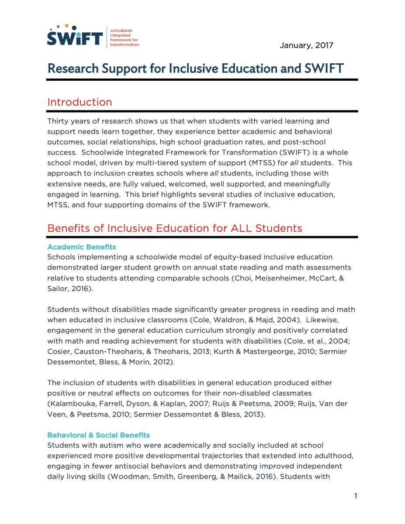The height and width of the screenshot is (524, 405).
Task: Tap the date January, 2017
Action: point(306,45)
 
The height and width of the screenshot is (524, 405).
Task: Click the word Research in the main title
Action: point(74,69)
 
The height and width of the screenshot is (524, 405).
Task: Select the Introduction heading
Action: point(80,102)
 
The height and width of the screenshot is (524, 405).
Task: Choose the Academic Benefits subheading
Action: point(82,247)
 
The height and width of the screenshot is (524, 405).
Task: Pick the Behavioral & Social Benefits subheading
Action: point(98,435)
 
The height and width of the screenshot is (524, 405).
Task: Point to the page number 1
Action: point(356,496)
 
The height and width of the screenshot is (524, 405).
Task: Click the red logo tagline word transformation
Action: point(125,45)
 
